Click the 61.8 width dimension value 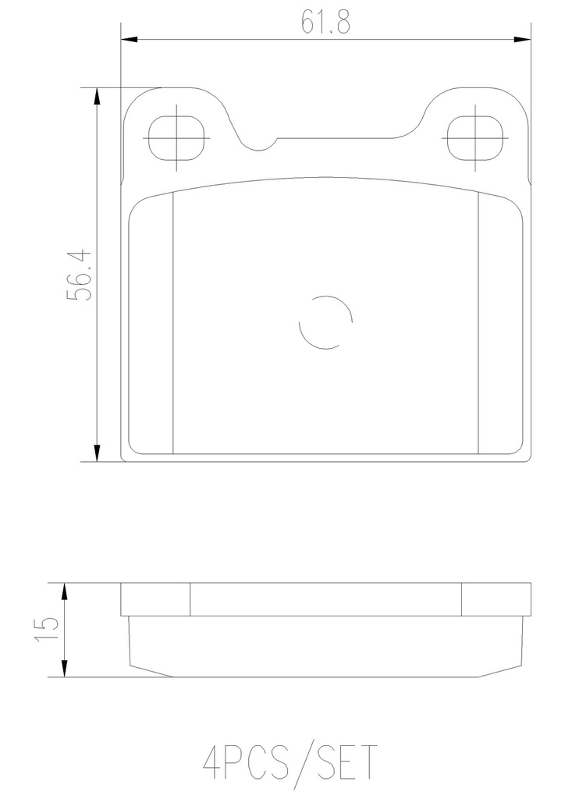(x=325, y=22)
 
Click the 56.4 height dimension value (x=80, y=275)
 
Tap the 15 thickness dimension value (x=47, y=630)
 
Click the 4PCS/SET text (x=290, y=762)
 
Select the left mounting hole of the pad (x=176, y=138)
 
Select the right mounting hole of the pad (x=474, y=138)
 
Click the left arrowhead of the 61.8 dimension (x=130, y=39)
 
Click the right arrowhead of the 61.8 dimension (x=522, y=39)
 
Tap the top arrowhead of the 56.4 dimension (x=97, y=96)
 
